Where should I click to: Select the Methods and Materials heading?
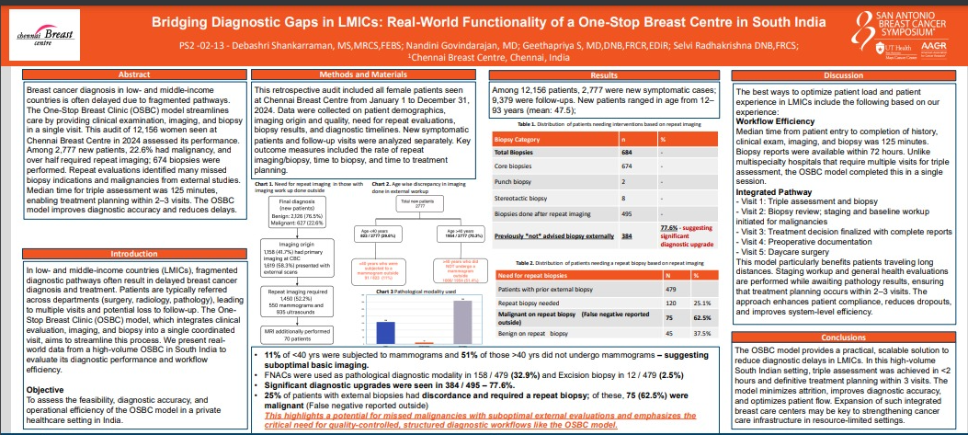pos(364,74)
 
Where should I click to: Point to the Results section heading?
pos(603,74)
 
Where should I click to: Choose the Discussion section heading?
pos(844,74)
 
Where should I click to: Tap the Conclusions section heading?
pos(844,337)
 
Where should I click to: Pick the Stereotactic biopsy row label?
pos(530,197)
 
